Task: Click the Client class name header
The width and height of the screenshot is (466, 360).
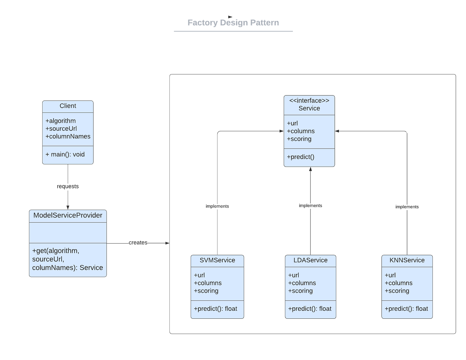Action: coord(68,106)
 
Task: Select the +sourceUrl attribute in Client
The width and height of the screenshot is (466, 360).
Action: coord(61,128)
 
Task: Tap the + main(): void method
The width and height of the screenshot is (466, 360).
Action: coord(65,154)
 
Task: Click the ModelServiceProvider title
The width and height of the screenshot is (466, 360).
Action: coord(68,215)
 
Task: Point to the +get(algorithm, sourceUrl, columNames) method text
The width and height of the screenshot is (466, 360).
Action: coord(68,259)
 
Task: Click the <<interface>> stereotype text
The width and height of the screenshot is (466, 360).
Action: coord(309,100)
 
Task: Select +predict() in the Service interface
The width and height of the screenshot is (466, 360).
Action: coord(301,157)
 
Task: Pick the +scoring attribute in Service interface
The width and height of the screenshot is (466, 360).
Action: coord(299,139)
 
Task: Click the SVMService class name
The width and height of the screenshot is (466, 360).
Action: coord(217,260)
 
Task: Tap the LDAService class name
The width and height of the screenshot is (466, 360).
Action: coord(311,260)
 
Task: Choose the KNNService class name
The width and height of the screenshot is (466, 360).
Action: coord(407,260)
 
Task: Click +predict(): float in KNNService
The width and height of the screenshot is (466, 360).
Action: coord(406,309)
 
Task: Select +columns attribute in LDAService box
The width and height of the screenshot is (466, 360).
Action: coord(302,283)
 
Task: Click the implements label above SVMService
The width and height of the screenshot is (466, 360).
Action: coord(217,206)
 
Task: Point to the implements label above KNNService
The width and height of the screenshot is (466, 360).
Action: coord(407,207)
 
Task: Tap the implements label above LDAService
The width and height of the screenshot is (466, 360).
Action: coord(311,206)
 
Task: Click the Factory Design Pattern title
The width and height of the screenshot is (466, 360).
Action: coord(233,23)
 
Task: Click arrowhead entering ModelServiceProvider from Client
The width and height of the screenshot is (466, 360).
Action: coord(68,207)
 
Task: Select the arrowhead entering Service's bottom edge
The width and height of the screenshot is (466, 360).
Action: coord(311,169)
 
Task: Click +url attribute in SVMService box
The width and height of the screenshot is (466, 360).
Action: coord(199,275)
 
